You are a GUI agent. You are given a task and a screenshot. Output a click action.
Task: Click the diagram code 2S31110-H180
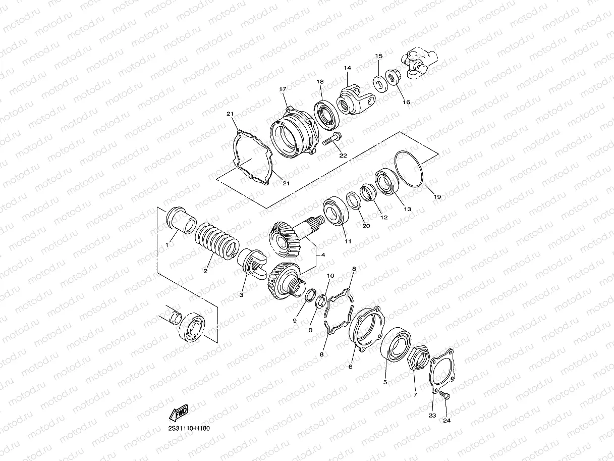tap(189, 428)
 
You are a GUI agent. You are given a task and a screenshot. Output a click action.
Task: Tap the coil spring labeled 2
tap(217, 241)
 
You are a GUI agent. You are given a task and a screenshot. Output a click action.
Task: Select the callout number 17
tap(283, 89)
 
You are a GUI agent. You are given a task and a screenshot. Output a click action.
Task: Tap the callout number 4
tap(323, 255)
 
